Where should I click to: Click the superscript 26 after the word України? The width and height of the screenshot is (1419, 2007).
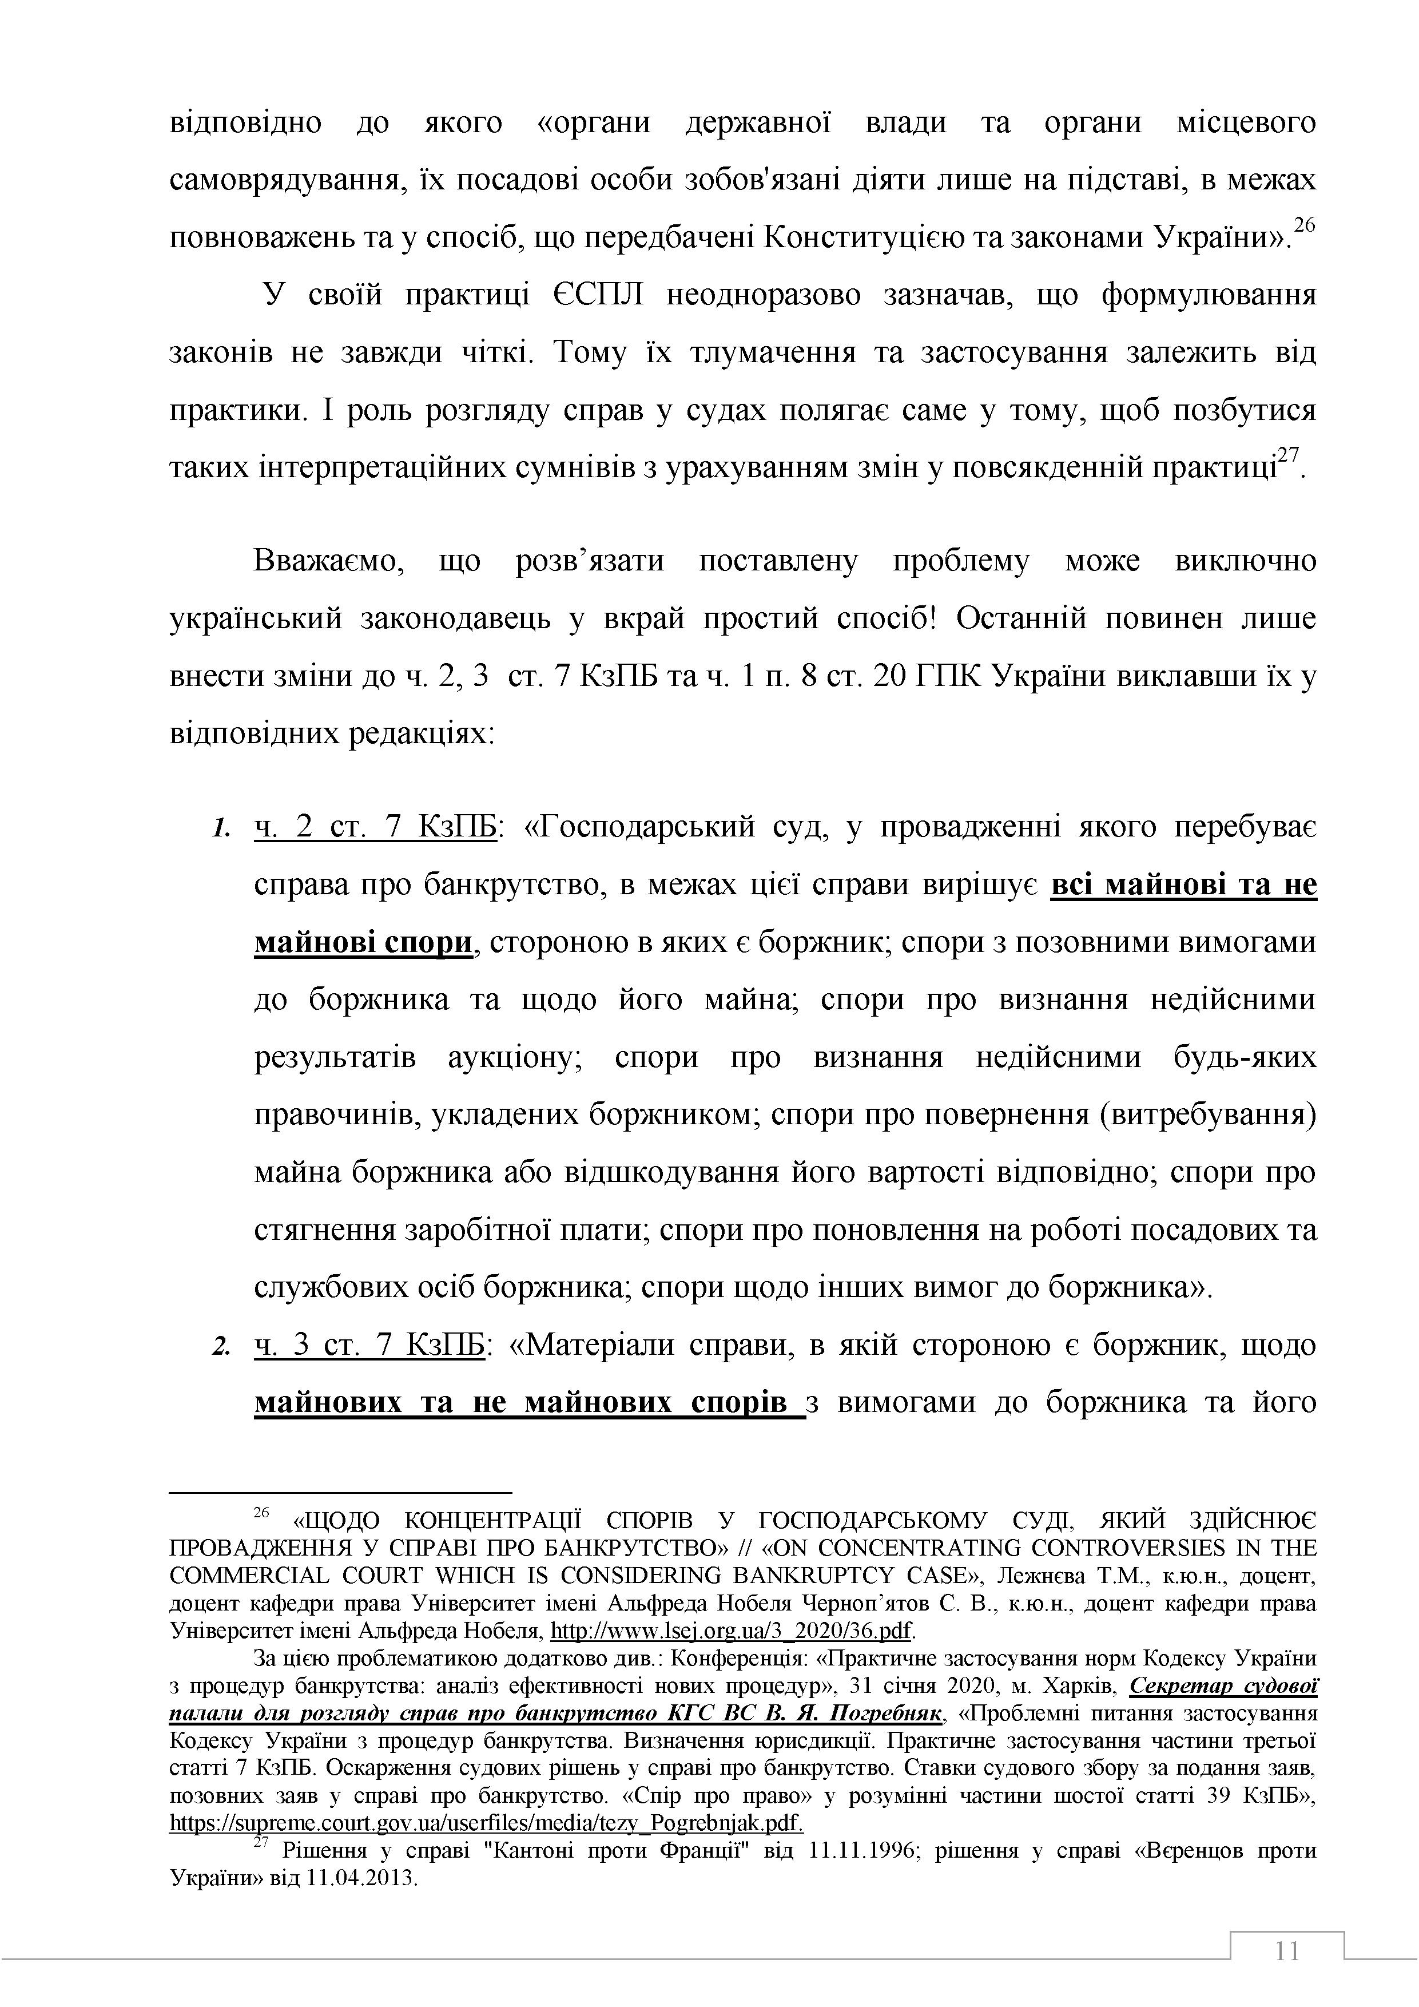(1303, 225)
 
